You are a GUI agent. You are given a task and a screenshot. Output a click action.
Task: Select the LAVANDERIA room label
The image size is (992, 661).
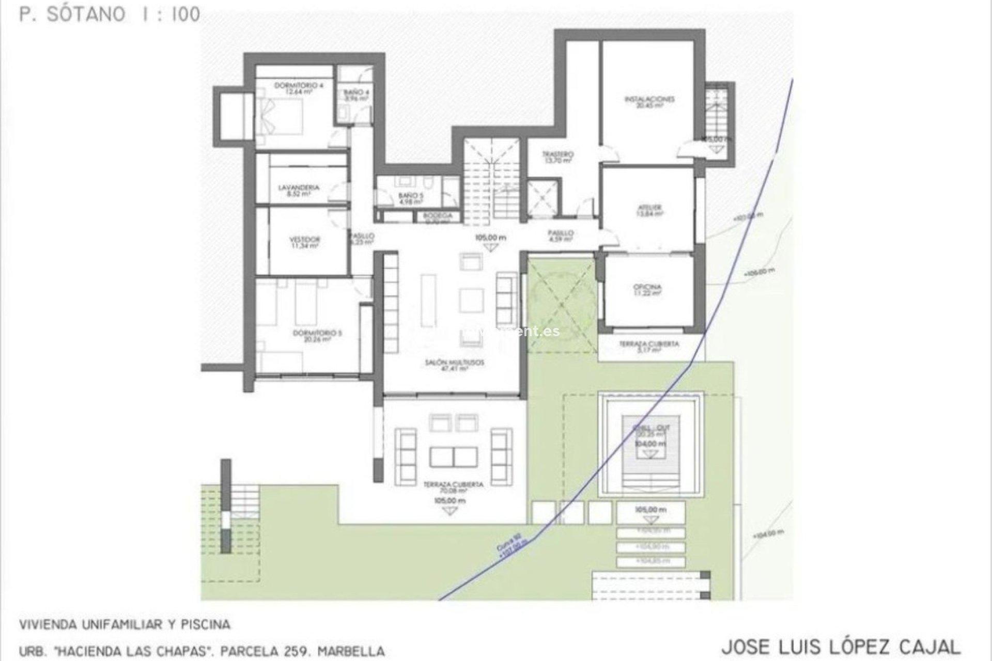point(299,188)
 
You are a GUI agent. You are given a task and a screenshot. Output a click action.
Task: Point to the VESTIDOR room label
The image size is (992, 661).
point(304,240)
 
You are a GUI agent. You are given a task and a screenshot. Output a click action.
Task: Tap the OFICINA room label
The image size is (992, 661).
point(647,287)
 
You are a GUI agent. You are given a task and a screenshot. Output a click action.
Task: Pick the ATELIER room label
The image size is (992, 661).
point(647,208)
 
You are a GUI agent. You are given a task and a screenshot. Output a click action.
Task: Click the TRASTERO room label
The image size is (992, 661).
point(558,154)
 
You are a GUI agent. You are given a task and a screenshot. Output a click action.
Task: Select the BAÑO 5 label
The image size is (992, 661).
point(411,196)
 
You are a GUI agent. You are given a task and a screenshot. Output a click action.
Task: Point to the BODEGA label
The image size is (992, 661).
point(438,216)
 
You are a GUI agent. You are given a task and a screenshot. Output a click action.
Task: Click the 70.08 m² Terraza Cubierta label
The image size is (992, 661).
point(453,485)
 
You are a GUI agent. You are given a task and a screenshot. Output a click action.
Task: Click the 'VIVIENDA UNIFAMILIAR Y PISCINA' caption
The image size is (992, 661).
point(125,624)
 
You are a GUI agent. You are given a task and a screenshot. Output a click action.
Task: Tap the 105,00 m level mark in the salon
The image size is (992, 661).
point(490,238)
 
